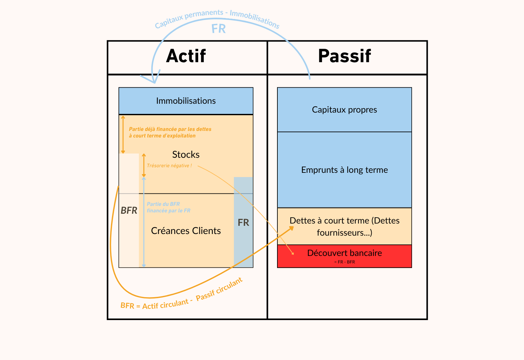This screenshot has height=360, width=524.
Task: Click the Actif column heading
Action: (186, 56)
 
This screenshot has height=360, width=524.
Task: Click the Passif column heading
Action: (344, 56)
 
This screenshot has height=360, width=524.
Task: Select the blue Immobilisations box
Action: (186, 101)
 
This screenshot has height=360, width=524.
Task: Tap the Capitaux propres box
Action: (344, 110)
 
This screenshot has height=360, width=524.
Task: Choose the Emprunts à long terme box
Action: (344, 170)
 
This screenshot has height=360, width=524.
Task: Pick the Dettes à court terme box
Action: (344, 226)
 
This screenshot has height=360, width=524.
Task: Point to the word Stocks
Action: (186, 154)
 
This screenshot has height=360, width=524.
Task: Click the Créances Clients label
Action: (186, 231)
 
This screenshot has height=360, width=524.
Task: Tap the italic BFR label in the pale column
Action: (129, 210)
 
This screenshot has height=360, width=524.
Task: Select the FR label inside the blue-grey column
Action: (243, 223)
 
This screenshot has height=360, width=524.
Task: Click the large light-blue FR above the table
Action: (218, 29)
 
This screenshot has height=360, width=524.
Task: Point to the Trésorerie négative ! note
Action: (169, 166)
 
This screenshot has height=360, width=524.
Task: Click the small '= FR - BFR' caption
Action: (345, 262)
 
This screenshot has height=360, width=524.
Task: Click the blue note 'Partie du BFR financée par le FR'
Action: (168, 207)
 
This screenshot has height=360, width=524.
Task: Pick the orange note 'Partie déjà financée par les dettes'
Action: (170, 133)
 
